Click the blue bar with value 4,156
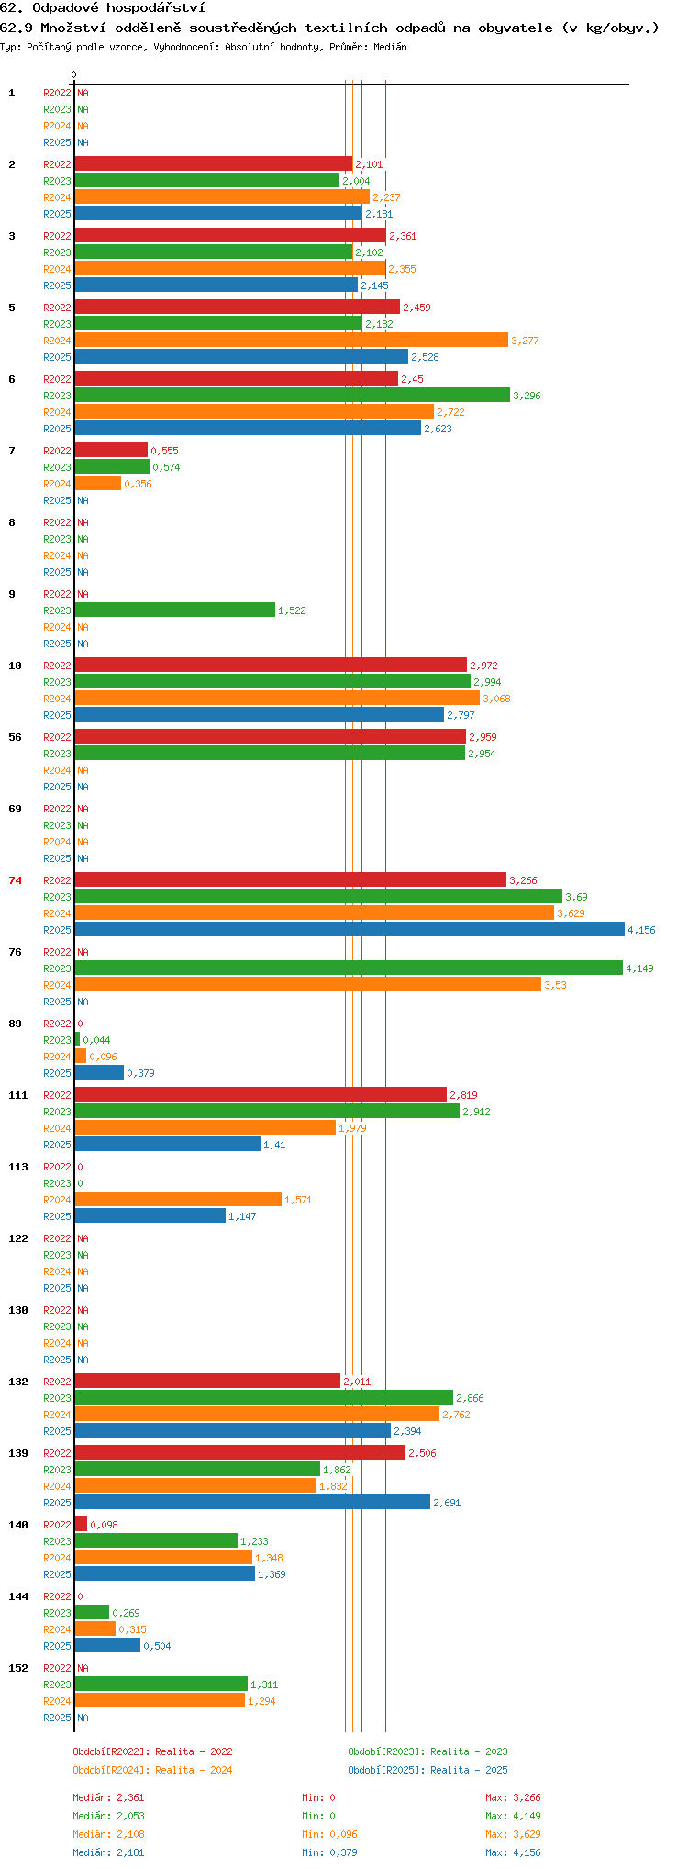point(350,930)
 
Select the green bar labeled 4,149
point(349,968)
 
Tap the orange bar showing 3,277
point(292,341)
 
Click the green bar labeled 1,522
point(175,610)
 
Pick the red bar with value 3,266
point(291,880)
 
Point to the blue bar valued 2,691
point(252,1503)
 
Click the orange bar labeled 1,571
point(178,1200)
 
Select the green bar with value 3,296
point(293,396)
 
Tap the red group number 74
point(16,880)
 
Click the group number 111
point(18,1095)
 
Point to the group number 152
point(18,1668)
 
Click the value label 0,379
point(140,1073)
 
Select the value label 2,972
point(483,666)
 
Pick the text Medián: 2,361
point(109,1797)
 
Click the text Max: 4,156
point(513,1852)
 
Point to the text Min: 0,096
point(330,1834)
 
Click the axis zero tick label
point(74,74)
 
